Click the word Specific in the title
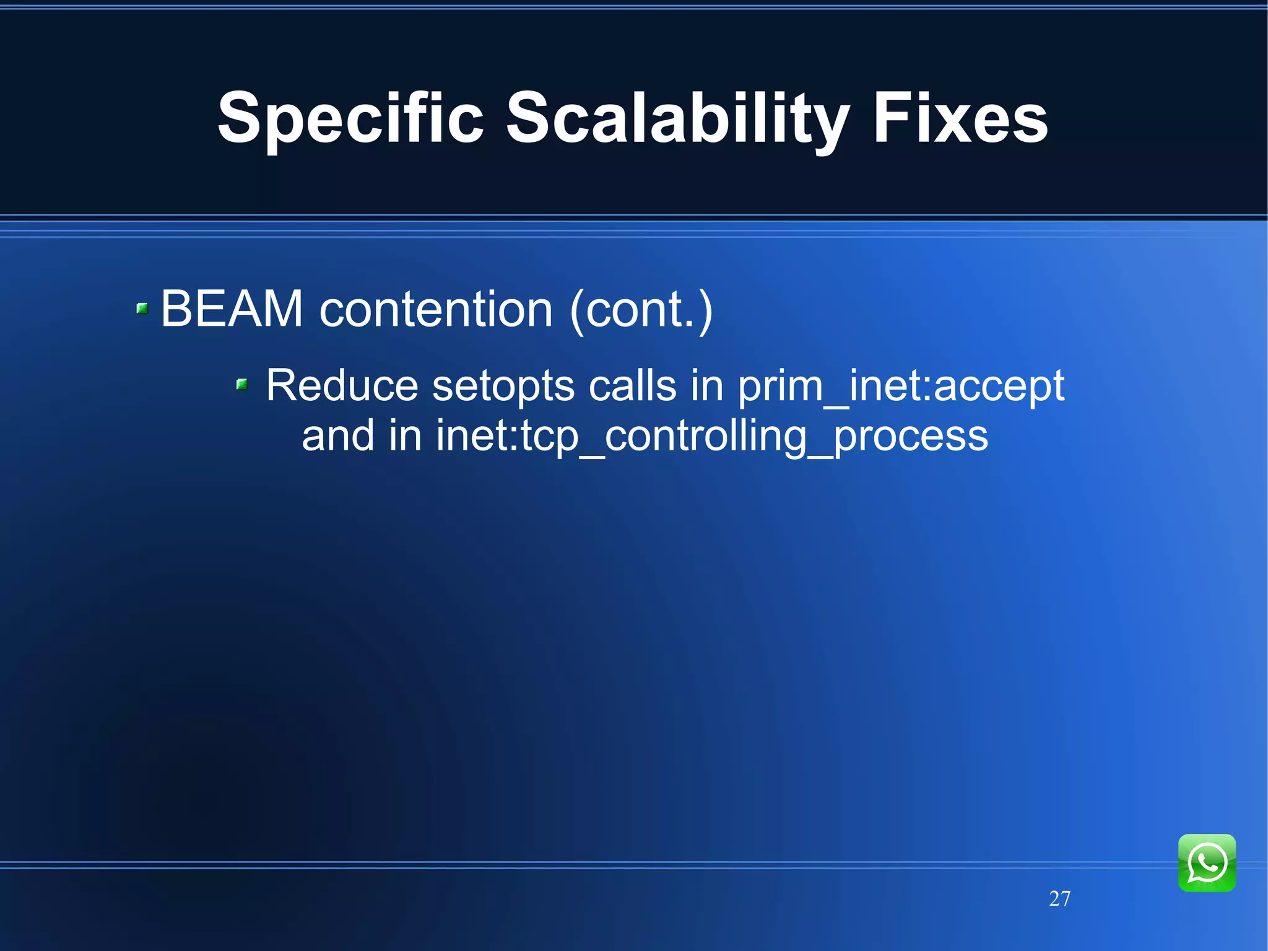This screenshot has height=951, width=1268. coord(350,118)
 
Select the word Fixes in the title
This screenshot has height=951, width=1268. coord(960,118)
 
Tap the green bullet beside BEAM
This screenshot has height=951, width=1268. coord(142,308)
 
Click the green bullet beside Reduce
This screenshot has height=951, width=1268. coord(242,385)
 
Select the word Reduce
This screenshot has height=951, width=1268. coord(342,385)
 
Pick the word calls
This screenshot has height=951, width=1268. coord(632,385)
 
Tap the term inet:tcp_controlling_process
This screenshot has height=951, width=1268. coord(712,437)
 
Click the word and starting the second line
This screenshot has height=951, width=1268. coord(338,436)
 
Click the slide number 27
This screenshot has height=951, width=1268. coord(1059,898)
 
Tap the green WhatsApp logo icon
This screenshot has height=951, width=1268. coord(1207,862)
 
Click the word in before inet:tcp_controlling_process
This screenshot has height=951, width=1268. coord(405,436)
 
